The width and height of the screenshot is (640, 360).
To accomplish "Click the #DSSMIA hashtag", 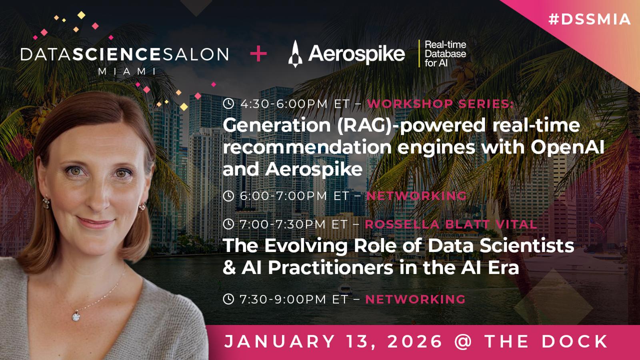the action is (x=590, y=20).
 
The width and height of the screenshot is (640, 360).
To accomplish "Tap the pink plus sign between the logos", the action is (x=258, y=53).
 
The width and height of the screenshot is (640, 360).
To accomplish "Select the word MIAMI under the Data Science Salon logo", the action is (x=127, y=71).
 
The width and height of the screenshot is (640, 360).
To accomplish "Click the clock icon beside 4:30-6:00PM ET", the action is (x=228, y=104).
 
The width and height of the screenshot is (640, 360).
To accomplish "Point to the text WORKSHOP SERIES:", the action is (x=440, y=104).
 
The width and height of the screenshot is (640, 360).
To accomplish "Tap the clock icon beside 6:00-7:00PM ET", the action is (x=228, y=196).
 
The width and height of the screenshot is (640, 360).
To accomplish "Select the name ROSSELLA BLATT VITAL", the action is (x=451, y=224).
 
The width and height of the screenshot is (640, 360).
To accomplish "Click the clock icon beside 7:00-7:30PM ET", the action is (x=228, y=224).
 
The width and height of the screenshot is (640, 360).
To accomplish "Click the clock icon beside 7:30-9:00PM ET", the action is (x=228, y=299).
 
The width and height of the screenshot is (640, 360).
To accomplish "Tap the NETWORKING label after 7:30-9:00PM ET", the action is (x=416, y=299).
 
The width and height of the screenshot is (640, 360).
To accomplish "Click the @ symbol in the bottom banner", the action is (x=463, y=342).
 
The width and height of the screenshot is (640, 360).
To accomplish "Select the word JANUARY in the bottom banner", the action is (x=280, y=342).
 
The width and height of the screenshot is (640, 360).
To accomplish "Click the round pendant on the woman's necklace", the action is (x=76, y=316).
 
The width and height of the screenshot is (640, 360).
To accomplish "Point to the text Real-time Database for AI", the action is (x=445, y=54).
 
